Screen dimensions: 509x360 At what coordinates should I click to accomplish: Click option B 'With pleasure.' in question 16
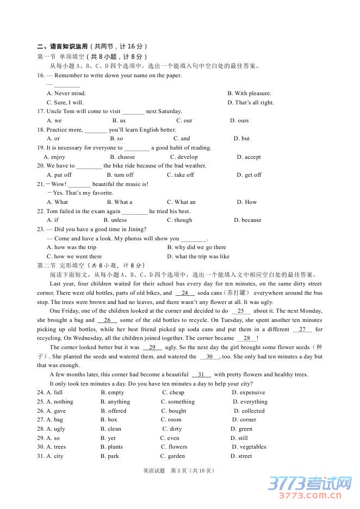tap(249, 94)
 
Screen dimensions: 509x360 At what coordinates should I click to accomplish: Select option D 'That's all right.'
tap(251, 103)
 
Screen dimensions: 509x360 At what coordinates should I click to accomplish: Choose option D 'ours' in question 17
tap(239, 121)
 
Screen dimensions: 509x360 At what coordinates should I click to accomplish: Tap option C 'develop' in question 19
tap(184, 157)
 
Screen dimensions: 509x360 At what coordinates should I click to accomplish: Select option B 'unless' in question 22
tap(115, 220)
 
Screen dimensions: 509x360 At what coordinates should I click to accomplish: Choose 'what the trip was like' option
tap(198, 257)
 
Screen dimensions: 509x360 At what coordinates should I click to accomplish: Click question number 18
tap(41, 130)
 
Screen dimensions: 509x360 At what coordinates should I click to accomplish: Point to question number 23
tap(41, 229)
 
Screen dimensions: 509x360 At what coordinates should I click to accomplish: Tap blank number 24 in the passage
tap(184, 293)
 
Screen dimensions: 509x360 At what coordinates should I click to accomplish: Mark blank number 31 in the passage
tap(201, 375)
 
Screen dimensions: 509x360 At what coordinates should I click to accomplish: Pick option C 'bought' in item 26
tap(173, 411)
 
